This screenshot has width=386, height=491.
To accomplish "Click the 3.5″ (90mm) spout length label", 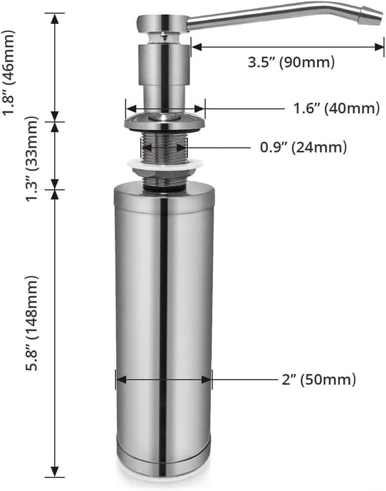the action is coord(291,62).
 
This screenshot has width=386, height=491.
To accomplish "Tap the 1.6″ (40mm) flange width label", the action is coord(336,108).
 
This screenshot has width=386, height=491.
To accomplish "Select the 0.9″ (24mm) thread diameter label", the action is coord(304,147).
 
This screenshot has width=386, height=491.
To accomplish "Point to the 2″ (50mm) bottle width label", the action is coord(318,380).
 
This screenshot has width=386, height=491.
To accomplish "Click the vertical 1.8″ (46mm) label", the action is coord(8,73).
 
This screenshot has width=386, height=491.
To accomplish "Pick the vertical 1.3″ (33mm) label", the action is coord(32,159).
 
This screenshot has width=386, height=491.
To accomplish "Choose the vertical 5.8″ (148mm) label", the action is coord(32,323).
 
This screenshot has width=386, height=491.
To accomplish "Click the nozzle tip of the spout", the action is coord(372,17).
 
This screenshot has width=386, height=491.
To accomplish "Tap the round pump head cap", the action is coord(162,23).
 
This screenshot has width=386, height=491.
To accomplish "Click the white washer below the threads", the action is coord(164,163).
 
